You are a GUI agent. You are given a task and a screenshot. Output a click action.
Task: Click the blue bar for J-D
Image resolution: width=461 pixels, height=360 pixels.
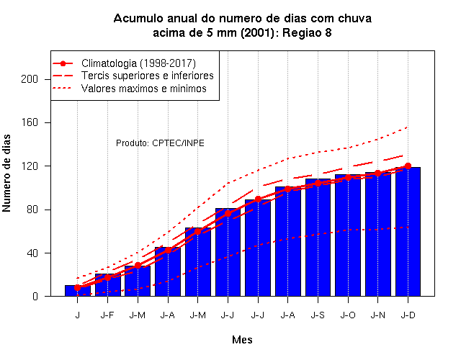408,232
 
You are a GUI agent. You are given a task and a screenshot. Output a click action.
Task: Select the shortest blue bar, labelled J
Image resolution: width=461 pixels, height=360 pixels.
78,291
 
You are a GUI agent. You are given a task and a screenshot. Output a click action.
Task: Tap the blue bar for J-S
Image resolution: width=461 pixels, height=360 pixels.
318,238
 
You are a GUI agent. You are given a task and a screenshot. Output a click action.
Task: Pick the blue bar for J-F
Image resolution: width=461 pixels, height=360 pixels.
107,285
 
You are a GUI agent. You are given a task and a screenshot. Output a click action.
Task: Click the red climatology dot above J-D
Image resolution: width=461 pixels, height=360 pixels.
408,166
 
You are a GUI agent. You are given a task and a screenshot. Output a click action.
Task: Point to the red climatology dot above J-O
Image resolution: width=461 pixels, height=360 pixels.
348,178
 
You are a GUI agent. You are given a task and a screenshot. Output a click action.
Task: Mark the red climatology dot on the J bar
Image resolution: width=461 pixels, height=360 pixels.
78,288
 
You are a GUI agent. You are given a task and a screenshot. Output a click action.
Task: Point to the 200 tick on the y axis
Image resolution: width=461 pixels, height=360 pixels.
30,79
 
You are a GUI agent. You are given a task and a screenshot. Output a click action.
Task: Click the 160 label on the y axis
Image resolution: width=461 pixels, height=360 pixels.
30,122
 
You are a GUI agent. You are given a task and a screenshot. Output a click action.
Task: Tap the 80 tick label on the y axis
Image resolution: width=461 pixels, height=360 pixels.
32,210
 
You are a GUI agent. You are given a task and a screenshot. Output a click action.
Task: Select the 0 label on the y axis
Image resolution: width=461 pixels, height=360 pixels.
35,296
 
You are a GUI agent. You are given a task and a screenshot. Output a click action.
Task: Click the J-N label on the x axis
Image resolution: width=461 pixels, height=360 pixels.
377,315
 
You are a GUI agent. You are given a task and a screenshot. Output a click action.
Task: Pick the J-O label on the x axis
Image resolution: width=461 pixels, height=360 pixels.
348,315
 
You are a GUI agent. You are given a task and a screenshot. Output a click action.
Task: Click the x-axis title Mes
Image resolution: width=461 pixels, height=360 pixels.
242,340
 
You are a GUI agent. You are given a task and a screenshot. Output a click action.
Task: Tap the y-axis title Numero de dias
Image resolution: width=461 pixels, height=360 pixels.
6,174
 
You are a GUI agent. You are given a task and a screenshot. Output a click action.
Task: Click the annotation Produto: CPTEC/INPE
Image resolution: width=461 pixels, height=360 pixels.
160,143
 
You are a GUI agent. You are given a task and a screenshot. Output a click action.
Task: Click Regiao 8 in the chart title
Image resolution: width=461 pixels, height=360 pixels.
307,32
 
